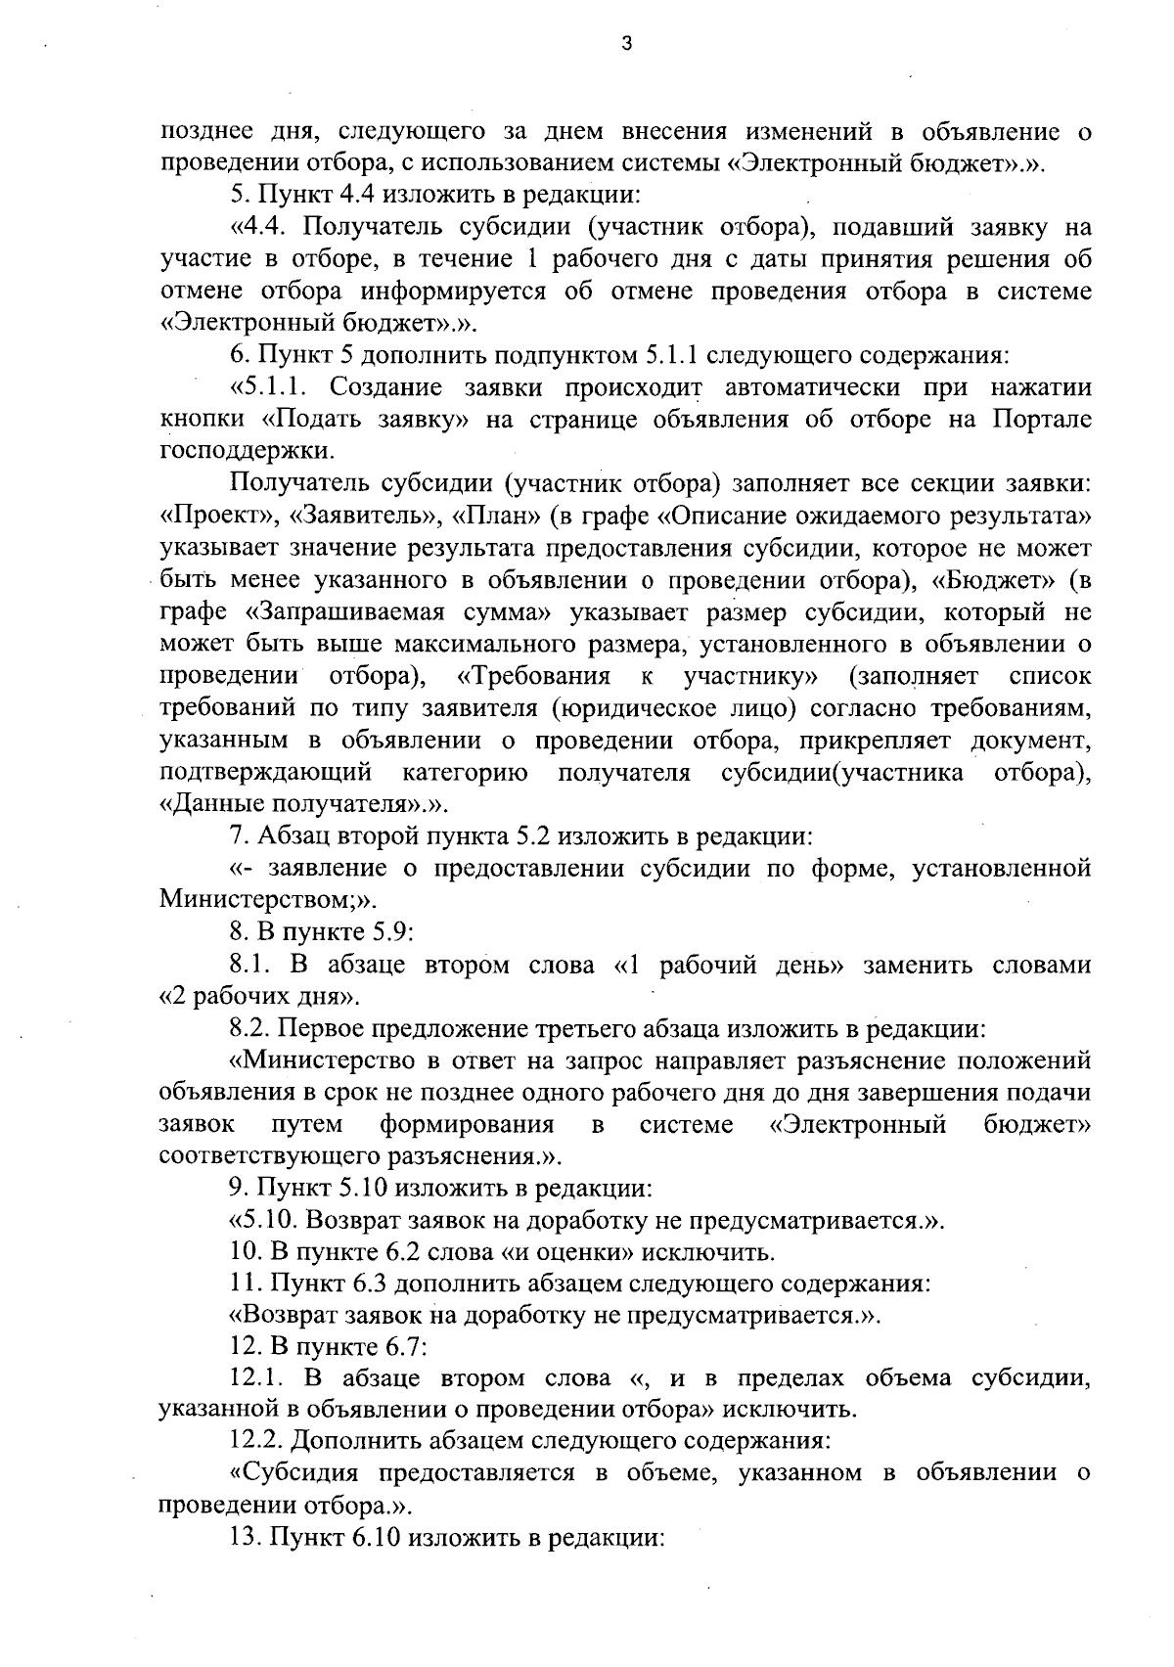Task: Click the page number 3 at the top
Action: pyautogui.click(x=626, y=43)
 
